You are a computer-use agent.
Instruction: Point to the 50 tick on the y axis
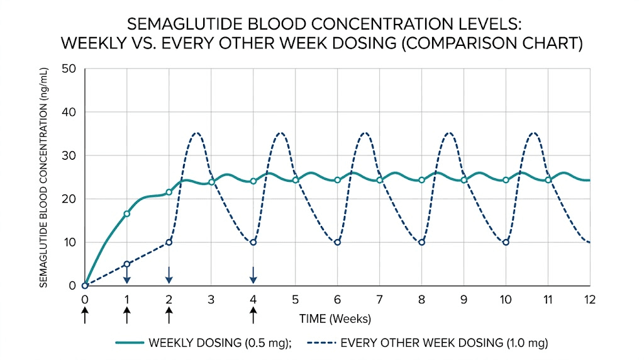pyautogui.click(x=69, y=69)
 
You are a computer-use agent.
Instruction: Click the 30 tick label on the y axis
pyautogui.click(x=69, y=155)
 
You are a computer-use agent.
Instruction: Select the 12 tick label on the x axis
pyautogui.click(x=589, y=300)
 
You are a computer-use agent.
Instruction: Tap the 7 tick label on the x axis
pyautogui.click(x=379, y=300)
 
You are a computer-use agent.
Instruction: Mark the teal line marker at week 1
pyautogui.click(x=127, y=214)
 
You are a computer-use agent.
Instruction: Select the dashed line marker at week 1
pyautogui.click(x=127, y=264)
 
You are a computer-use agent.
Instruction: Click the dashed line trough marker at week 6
pyautogui.click(x=337, y=242)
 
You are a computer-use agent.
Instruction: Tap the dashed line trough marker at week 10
pyautogui.click(x=506, y=242)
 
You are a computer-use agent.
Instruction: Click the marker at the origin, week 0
pyautogui.click(x=85, y=286)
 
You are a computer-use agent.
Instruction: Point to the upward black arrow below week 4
pyautogui.click(x=253, y=315)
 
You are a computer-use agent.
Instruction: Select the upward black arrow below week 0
pyautogui.click(x=85, y=315)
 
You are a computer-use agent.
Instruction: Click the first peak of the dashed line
pyautogui.click(x=196, y=133)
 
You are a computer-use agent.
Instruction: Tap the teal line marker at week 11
pyautogui.click(x=548, y=180)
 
